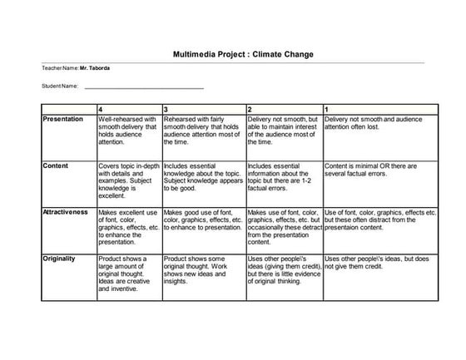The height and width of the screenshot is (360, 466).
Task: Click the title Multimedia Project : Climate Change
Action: [232, 53]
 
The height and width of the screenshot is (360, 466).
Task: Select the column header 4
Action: [101, 109]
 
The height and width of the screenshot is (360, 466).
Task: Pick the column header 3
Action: [166, 109]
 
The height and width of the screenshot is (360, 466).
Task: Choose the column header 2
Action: [250, 109]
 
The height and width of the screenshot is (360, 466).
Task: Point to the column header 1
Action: [326, 109]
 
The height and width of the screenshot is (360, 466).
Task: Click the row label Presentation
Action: [62, 120]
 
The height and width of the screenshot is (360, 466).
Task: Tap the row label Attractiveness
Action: [65, 212]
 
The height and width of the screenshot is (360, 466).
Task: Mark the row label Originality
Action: [59, 259]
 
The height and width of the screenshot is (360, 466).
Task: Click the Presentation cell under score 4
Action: [128, 131]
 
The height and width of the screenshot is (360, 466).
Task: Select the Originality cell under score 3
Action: [203, 270]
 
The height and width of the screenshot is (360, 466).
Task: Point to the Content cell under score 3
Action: [203, 177]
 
